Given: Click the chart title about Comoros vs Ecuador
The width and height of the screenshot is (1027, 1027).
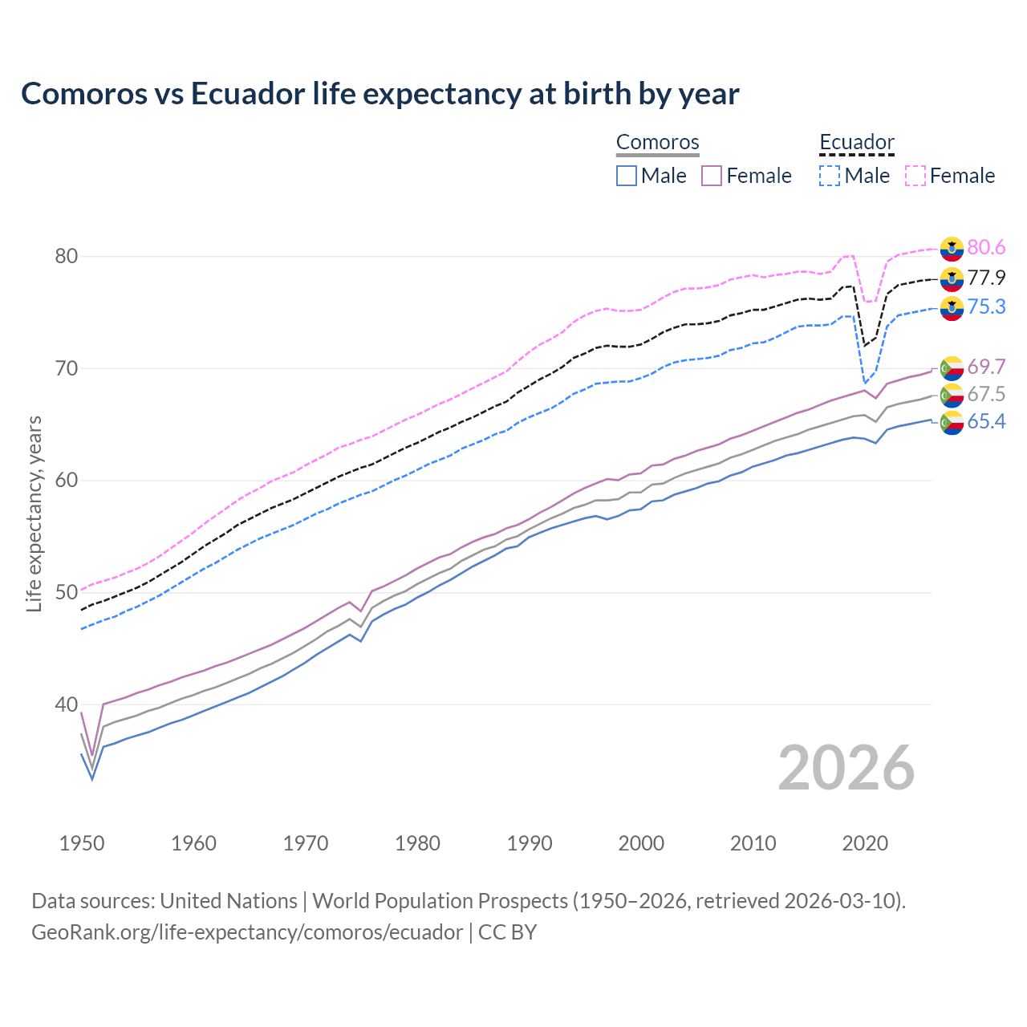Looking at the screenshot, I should [x=380, y=94].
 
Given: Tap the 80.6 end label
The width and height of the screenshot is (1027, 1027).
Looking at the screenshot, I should [x=986, y=248].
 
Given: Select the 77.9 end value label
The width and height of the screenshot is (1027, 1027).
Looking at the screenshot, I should [x=986, y=278].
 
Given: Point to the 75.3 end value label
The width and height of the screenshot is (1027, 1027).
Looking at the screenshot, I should [x=986, y=307].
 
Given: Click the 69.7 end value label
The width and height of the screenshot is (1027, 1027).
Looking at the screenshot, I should [x=986, y=367].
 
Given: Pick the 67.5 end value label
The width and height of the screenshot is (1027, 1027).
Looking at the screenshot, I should [x=986, y=394].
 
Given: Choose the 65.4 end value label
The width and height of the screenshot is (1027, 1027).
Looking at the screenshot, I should [x=986, y=422].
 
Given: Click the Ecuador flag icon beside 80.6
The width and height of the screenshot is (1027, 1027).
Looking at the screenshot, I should [x=952, y=249].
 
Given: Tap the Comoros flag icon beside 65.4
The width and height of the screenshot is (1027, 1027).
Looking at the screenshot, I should [x=952, y=423].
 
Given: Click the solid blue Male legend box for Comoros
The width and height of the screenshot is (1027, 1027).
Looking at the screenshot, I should [x=627, y=176].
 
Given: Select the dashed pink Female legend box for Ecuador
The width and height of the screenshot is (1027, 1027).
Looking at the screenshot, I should [x=915, y=176].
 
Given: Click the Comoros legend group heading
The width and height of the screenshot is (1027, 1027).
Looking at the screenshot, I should [x=658, y=142].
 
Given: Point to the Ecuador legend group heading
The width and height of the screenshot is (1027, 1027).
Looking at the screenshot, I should [x=857, y=142].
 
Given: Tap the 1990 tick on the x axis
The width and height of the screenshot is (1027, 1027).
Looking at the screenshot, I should [x=530, y=843].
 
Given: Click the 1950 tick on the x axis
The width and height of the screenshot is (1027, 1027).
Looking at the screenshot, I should [x=82, y=843].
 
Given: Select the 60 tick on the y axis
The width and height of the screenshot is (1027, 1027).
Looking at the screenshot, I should [x=66, y=481].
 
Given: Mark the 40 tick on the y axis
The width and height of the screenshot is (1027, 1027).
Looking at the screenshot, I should [x=66, y=704].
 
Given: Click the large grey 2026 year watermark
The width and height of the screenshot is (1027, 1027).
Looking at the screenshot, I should [x=846, y=768].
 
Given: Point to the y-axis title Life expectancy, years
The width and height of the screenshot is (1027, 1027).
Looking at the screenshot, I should [x=34, y=513].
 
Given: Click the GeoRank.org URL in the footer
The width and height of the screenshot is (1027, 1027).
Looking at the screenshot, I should [x=247, y=932].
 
